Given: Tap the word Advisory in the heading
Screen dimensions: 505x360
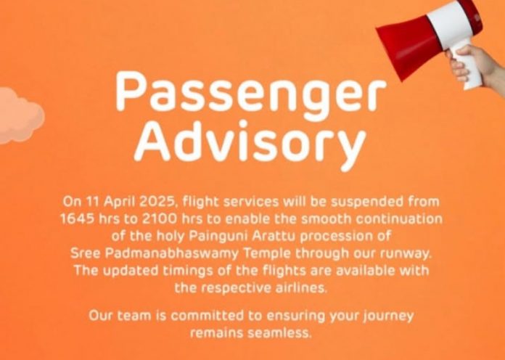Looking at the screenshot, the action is point(250,144).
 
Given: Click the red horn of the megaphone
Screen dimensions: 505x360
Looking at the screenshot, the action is point(408,46).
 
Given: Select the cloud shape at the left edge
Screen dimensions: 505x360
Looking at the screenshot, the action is point(20,115).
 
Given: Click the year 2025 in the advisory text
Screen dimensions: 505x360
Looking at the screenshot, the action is point(158,202).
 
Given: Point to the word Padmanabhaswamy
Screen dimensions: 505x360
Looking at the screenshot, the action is point(172,253).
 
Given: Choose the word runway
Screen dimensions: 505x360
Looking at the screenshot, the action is point(406,254).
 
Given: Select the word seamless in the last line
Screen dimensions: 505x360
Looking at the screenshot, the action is point(280,332).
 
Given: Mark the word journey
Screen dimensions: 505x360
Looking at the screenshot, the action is point(388,316).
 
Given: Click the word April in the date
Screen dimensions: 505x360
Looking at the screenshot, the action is point(120,202).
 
